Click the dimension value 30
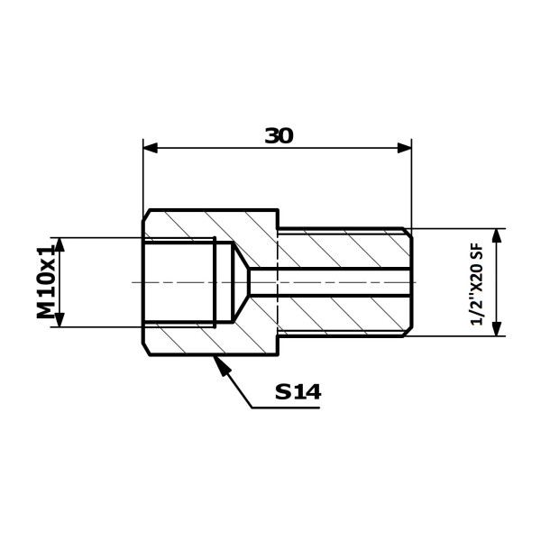[279, 135]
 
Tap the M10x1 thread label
[46, 282]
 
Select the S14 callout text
[298, 391]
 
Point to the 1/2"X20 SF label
[477, 284]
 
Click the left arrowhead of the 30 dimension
[150, 148]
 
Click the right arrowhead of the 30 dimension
[404, 148]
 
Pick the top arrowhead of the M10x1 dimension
[60, 244]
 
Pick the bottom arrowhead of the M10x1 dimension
[60, 319]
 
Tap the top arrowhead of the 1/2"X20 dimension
[496, 235]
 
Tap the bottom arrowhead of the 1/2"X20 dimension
[496, 328]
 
